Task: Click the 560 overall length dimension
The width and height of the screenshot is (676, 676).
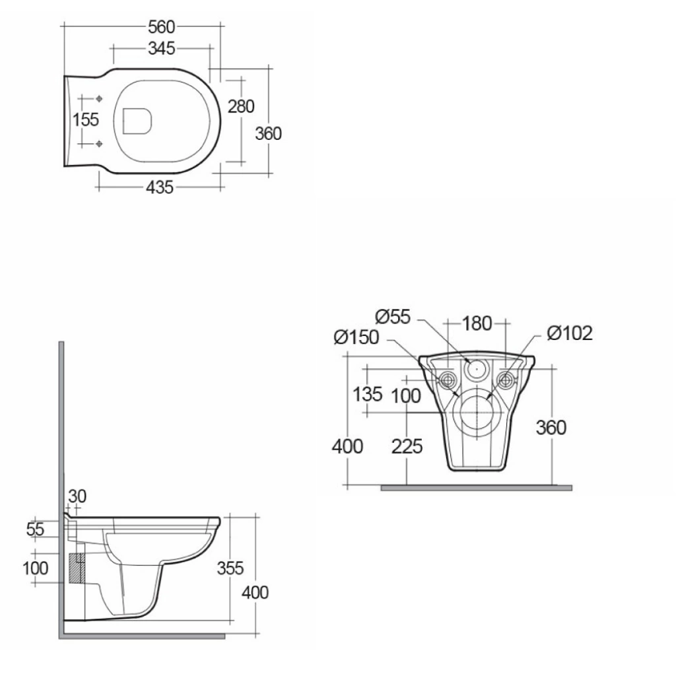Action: pos(161,26)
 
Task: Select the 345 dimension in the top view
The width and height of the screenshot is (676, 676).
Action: pos(161,48)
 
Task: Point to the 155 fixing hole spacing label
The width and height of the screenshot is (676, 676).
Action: pos(86,120)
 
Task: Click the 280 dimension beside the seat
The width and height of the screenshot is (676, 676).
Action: pos(241,106)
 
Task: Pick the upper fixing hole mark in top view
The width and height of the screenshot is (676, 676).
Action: pos(98,99)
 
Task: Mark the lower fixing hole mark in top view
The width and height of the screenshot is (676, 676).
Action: pos(98,143)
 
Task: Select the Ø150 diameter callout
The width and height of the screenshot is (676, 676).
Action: pos(356,337)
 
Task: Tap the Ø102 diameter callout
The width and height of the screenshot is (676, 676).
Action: pos(570,333)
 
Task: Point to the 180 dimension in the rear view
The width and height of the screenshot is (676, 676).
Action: pos(477,323)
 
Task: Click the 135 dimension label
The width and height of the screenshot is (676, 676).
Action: pos(368,395)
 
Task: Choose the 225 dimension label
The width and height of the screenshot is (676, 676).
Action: pos(407,447)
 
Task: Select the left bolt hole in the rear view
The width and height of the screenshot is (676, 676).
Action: pos(448,379)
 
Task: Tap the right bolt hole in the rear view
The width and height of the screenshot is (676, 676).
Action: pos(506,379)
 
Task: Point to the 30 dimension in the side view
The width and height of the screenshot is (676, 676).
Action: pos(77,496)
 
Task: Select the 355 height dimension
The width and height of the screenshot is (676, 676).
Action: pos(230,568)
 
